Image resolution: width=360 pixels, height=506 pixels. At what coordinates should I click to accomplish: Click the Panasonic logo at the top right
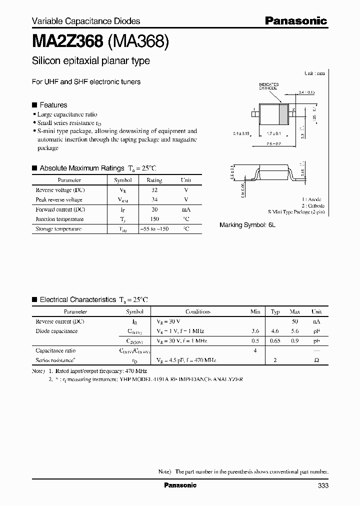tap(295, 20)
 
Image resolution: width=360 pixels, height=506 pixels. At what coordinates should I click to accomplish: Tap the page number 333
tap(322, 485)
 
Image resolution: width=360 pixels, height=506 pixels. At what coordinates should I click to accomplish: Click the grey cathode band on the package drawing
tap(284, 113)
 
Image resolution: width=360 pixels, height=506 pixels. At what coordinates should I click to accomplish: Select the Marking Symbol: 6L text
tap(247, 225)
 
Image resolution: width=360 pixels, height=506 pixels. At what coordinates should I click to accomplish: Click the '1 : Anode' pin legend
tap(314, 199)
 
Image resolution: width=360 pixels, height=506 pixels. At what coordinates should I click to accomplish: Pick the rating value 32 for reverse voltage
tap(154, 190)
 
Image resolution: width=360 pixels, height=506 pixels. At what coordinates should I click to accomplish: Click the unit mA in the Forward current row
tap(185, 209)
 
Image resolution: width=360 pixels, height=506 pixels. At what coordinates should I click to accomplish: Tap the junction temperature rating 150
tap(154, 219)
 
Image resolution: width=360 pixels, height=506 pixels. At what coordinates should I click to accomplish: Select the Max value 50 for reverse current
tap(295, 321)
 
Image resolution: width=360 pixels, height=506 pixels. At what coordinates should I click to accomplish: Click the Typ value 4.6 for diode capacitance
tap(275, 331)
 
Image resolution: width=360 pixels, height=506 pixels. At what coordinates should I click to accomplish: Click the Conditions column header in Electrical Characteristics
tap(197, 311)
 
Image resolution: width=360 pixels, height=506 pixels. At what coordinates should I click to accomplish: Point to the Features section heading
tap(53, 105)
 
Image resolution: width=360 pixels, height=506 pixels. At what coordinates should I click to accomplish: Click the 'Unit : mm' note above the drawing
tap(314, 73)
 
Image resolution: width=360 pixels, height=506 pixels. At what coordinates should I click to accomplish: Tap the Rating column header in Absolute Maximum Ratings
tap(154, 180)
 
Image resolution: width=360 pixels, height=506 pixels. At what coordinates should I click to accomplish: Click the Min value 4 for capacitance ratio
tap(255, 350)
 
